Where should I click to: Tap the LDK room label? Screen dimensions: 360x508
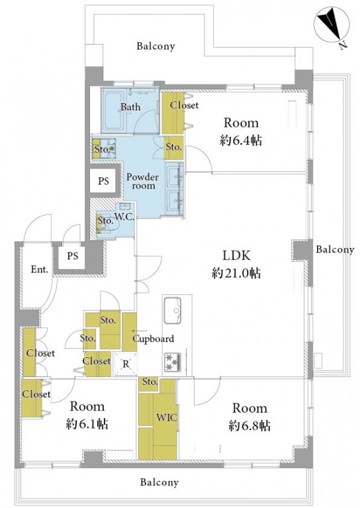coord(236,255)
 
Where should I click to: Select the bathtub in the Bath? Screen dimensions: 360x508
coord(114,110)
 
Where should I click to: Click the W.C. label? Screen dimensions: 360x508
coord(125,218)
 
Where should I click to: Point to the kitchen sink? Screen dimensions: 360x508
coord(172,310)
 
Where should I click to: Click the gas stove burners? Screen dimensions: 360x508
coord(172,362)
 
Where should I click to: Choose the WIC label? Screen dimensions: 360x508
coord(167,417)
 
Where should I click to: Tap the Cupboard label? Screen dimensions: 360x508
coord(154,339)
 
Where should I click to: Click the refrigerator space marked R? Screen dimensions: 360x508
coord(125,364)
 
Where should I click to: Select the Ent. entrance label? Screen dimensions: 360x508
coord(40,269)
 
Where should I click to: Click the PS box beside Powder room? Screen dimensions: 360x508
coord(103,181)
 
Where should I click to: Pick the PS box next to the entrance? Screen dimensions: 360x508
coord(73,256)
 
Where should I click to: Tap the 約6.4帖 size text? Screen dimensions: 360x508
coord(241,141)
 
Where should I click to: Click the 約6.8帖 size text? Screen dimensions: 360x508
coord(249,425)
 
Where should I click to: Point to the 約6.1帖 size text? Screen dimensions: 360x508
coord(87,424)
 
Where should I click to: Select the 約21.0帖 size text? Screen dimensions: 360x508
coord(236,273)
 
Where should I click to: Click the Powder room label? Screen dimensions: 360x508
coord(142,181)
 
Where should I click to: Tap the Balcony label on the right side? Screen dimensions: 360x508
coord(335,249)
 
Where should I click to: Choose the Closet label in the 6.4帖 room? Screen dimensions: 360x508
coord(184,105)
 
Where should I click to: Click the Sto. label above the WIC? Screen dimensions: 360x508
coord(150,382)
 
